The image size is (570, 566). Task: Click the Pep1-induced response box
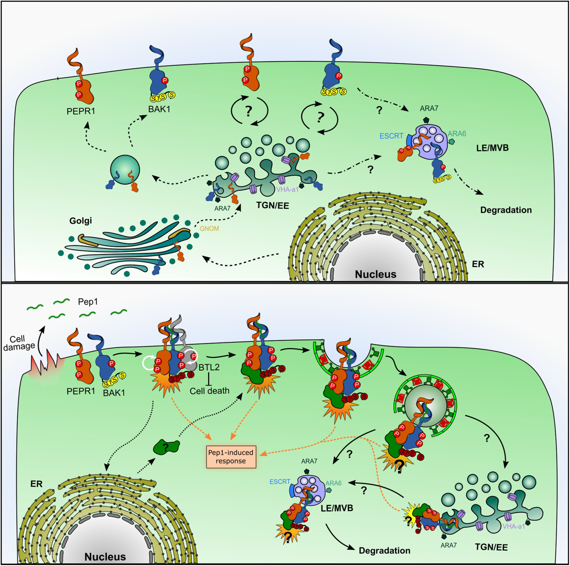point(230,456)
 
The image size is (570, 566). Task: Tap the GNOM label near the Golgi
point(209,228)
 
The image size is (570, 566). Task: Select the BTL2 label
point(209,368)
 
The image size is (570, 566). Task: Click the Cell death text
point(209,391)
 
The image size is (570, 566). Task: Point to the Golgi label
point(80,220)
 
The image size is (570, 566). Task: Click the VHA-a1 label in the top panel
point(288,189)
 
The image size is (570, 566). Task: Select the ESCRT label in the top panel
point(391,136)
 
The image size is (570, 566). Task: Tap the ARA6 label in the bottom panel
point(333,483)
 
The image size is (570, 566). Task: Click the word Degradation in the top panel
point(506,210)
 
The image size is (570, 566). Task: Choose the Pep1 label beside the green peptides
point(88,302)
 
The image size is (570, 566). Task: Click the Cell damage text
point(19,343)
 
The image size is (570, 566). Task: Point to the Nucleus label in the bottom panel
point(105,557)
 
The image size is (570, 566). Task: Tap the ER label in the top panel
point(478,264)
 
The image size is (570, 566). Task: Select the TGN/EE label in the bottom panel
point(491,547)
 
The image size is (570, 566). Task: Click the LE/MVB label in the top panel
point(493,148)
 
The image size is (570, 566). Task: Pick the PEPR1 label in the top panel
point(80,111)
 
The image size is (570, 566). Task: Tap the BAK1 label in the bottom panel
point(114,392)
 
